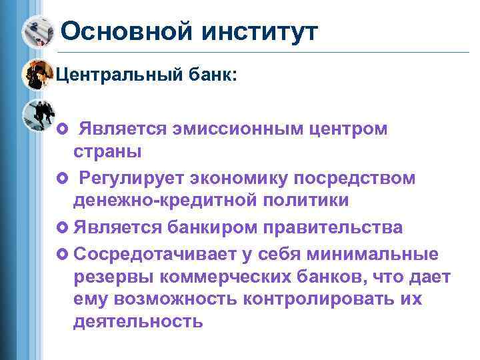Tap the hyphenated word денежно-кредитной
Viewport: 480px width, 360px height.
click(157, 200)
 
